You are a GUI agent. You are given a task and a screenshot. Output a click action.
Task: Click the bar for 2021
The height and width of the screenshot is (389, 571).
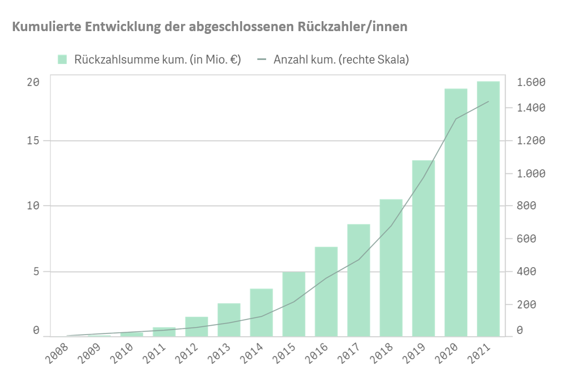[488, 208]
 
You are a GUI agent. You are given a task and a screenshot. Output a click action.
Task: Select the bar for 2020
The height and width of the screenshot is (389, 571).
[455, 212]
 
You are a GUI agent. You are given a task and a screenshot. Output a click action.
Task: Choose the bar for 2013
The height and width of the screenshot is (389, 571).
[229, 320]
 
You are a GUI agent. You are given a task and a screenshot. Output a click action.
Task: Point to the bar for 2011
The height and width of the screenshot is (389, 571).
[164, 332]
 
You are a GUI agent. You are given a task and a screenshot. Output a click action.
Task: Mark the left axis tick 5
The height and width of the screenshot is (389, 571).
[36, 272]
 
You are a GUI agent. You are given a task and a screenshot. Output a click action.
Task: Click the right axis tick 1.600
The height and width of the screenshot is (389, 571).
[531, 82]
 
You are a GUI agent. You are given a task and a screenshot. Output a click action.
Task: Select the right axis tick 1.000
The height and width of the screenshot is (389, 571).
[531, 173]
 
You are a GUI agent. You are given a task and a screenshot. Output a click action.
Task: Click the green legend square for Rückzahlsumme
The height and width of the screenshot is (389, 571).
[63, 59]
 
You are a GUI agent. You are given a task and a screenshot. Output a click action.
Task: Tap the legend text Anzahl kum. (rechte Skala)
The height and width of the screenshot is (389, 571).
[341, 59]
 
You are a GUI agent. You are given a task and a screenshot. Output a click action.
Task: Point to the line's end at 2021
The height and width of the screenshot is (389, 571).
[488, 102]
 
